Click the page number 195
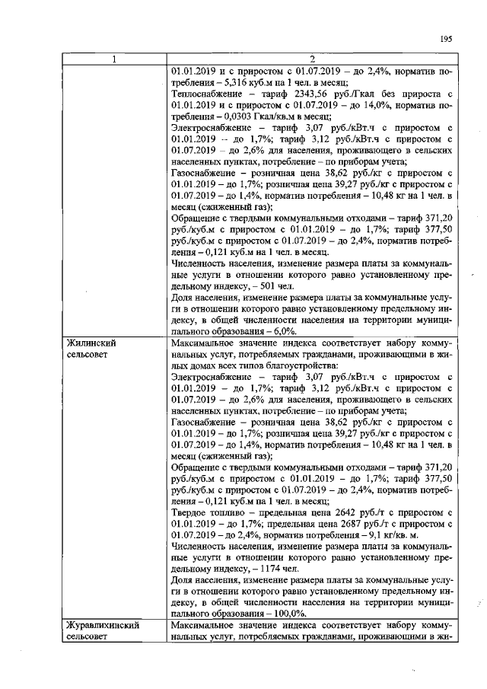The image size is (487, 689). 447,40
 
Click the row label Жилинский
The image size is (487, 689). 93,343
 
